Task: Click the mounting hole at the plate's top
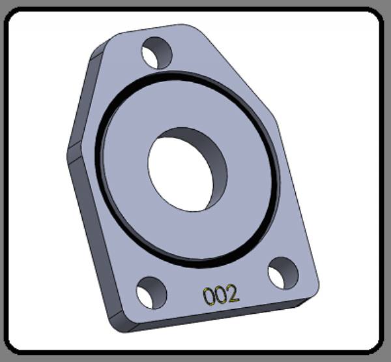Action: coord(157,53)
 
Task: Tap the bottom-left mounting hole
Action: coord(151,293)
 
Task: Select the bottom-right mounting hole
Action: coord(283,273)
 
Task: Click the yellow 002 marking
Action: coord(221,295)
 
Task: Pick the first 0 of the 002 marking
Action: coord(209,296)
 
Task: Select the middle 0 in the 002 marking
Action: coord(220,295)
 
